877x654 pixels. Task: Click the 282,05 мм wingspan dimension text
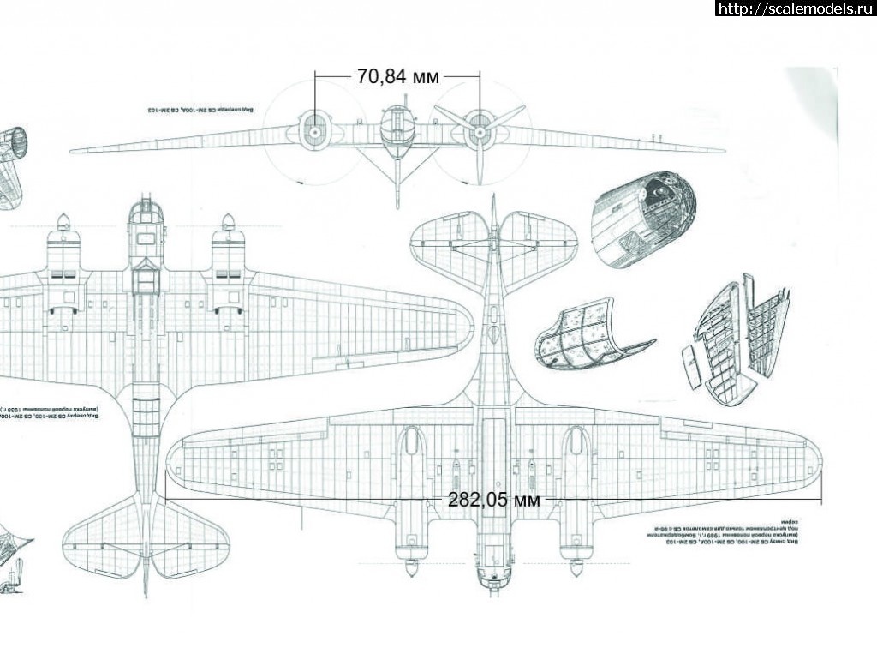[x=493, y=500]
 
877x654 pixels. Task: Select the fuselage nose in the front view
[x=396, y=134]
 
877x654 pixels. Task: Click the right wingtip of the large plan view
[x=814, y=464]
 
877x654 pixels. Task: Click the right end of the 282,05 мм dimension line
[x=822, y=498]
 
